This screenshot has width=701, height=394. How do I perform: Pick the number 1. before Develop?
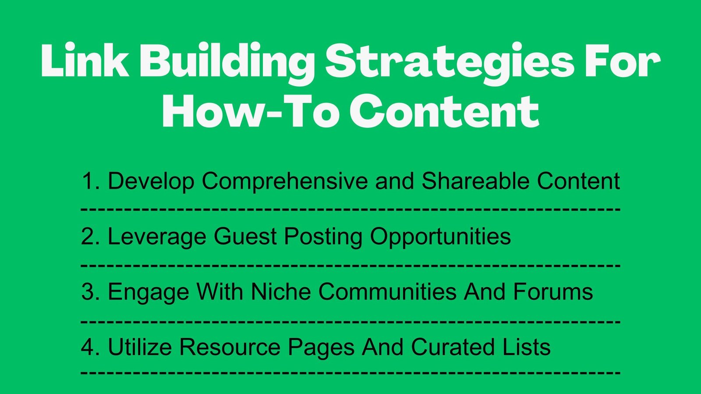coord(91,181)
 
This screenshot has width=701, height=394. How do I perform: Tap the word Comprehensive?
coord(285,181)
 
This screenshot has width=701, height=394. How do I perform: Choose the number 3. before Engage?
coord(91,292)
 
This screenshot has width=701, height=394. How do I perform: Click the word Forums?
coord(553,291)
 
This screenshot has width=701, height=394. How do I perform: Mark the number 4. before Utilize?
coord(91,347)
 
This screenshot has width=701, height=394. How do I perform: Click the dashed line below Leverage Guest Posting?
coord(350,265)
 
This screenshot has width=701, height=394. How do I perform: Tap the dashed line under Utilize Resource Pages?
coord(350,373)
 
